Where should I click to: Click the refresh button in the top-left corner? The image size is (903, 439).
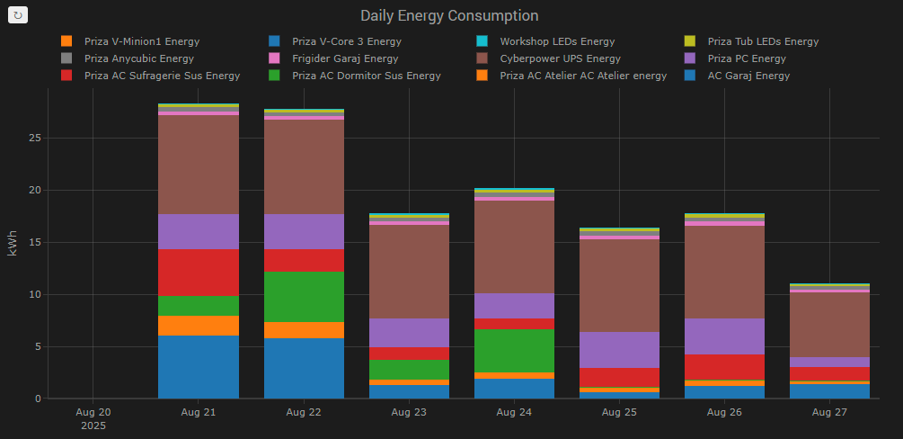pos(19,15)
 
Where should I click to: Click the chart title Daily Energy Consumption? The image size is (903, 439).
pos(449,16)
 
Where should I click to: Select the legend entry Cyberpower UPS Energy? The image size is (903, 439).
pos(547,58)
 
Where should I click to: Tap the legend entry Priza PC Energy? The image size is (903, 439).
pos(747,58)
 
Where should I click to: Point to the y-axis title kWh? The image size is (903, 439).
pos(13,243)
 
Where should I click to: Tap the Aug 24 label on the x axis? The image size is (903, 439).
pos(515,412)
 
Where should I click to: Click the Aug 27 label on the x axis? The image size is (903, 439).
pos(828,412)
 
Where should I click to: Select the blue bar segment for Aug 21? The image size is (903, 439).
pos(199,367)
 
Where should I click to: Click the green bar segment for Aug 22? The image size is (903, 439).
pos(304,297)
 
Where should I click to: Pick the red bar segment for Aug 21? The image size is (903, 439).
pos(199,273)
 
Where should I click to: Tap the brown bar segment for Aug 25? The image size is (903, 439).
pos(619,285)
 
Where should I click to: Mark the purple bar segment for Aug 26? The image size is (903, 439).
pos(724,336)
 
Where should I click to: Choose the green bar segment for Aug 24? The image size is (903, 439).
pos(515,351)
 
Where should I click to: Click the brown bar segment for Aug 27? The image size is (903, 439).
pos(828,325)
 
